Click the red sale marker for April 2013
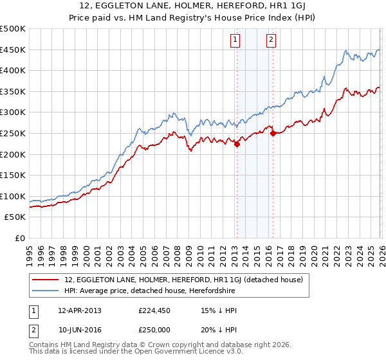click(237, 145)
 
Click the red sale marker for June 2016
click(273, 134)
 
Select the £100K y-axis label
click(13, 196)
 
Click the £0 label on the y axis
click(19, 238)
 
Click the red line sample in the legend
click(46, 280)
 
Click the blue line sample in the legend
click(46, 291)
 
